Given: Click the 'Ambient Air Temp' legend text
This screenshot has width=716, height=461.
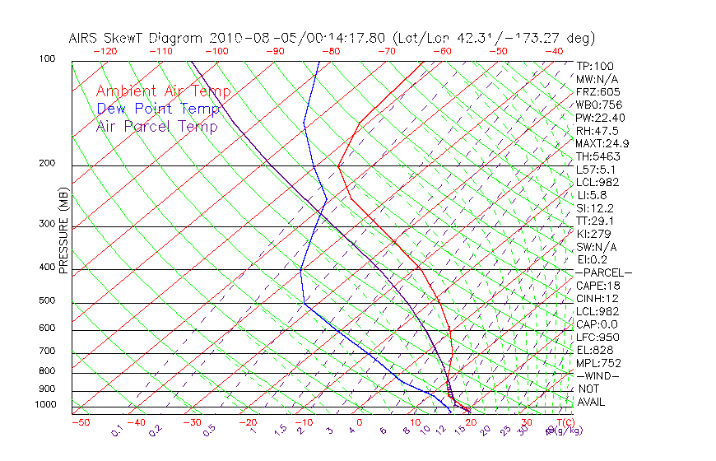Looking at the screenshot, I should pyautogui.click(x=163, y=91).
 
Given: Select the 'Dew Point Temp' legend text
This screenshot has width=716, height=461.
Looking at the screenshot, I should pyautogui.click(x=158, y=109).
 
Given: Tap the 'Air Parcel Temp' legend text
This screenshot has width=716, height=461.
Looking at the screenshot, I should pyautogui.click(x=156, y=126).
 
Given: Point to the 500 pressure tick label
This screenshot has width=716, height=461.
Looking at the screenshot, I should pyautogui.click(x=47, y=301).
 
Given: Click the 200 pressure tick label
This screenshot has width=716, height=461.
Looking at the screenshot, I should pyautogui.click(x=47, y=164).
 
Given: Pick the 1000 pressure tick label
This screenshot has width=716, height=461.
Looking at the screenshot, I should pyautogui.click(x=46, y=405).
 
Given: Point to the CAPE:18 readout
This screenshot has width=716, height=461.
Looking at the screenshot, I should pyautogui.click(x=597, y=286).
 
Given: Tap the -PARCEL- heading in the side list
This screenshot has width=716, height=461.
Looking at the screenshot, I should pyautogui.click(x=603, y=272).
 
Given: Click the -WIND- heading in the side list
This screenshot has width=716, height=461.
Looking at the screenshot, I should pyautogui.click(x=598, y=376).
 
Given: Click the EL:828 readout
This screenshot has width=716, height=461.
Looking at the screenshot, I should pyautogui.click(x=594, y=350).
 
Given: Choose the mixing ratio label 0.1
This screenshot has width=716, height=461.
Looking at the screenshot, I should pyautogui.click(x=117, y=431).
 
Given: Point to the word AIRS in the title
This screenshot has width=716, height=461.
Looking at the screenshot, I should pyautogui.click(x=85, y=38).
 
